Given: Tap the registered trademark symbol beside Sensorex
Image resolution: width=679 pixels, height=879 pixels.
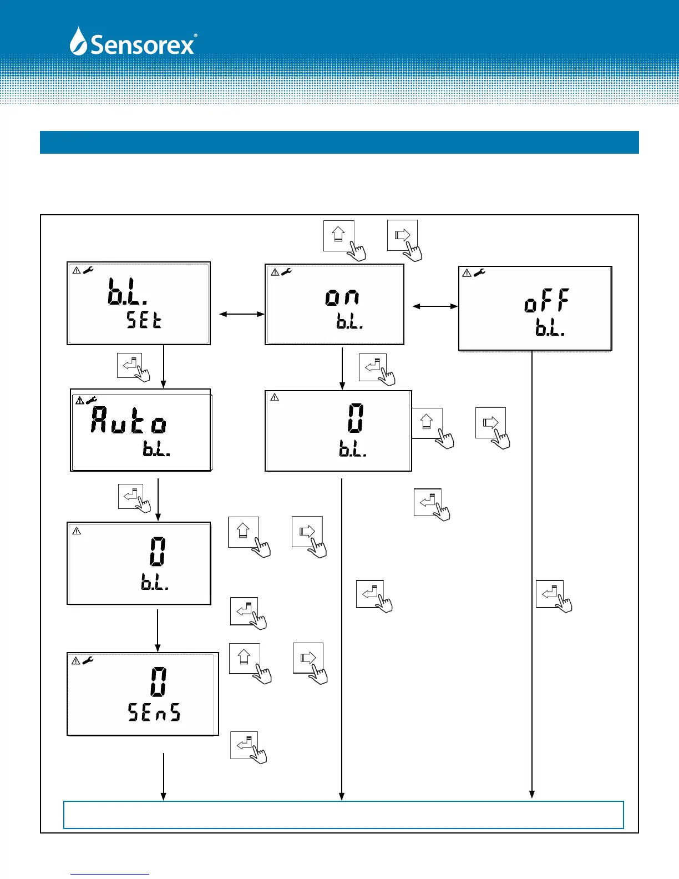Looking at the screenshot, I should coord(195,36).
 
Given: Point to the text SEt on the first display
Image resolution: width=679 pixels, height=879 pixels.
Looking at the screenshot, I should coord(144,320).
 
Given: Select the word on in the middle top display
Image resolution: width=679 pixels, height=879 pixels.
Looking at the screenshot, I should coord(342,297).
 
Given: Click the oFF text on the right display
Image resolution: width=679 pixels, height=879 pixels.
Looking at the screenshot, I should coord(546,301).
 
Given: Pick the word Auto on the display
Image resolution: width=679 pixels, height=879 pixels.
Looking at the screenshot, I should coord(129,420).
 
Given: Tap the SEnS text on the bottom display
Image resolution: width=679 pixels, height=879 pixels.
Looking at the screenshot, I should coord(154,712).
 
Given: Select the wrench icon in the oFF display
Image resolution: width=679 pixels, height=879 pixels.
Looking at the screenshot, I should coord(479,272).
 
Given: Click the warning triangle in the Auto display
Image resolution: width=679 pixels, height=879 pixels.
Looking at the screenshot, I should coord(79,400).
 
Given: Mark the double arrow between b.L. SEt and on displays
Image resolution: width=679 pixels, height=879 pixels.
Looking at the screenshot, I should coord(242,315).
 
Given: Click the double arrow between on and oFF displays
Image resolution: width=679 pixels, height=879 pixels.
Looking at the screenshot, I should coord(435,306).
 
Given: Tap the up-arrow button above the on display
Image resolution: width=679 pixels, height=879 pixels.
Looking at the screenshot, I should coord(338,235).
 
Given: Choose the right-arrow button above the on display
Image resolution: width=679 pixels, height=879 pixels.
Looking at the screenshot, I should coord(402,235).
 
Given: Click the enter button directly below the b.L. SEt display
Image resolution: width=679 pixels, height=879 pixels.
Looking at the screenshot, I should coord(130,366).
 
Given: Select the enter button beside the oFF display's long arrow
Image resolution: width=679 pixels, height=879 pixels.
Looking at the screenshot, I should coord(550,594).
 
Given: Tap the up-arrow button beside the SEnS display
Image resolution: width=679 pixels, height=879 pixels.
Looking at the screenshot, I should coord(244,658).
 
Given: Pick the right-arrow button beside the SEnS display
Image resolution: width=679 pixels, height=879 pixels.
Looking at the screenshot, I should coord(308,658).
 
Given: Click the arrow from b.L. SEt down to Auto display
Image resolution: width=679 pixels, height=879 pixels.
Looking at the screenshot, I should coord(164,366).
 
